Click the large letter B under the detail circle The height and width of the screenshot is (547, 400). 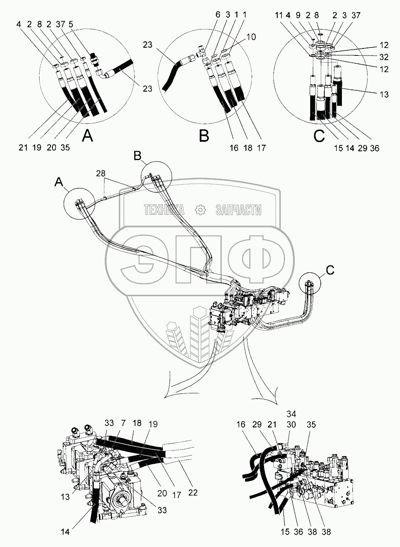click(x=204, y=137)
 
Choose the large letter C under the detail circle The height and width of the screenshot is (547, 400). click(x=319, y=137)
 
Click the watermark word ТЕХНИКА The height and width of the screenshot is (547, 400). click(x=164, y=211)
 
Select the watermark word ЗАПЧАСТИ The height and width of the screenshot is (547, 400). click(x=238, y=211)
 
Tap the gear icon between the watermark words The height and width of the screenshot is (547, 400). click(x=200, y=211)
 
